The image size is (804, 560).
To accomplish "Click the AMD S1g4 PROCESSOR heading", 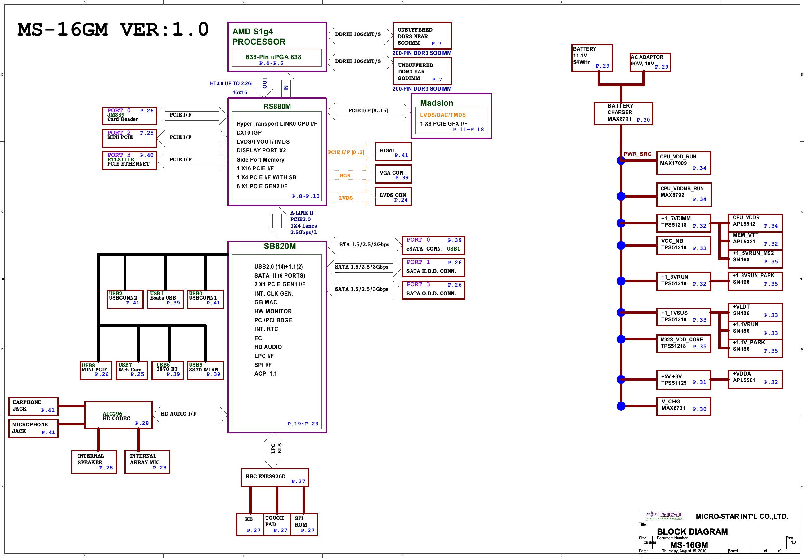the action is click(x=259, y=36).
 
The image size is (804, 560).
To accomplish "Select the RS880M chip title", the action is click(x=277, y=106).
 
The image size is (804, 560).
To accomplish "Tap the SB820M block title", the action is click(x=280, y=246).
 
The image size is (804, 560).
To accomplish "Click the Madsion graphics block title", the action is click(x=437, y=103).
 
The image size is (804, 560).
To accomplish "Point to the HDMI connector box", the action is click(x=393, y=152).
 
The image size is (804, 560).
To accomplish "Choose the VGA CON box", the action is click(x=393, y=174).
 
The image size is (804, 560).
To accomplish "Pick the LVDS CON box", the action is click(x=393, y=196).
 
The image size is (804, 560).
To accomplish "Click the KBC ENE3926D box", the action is click(x=275, y=478).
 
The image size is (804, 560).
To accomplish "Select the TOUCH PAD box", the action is click(x=277, y=524).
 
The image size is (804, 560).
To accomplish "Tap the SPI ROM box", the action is click(x=304, y=524).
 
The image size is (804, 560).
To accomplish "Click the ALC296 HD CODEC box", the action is click(x=118, y=415).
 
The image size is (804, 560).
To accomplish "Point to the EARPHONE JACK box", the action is click(x=33, y=406).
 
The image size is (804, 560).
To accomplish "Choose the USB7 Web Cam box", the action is click(x=132, y=370).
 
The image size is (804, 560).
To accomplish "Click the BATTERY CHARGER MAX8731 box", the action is click(x=623, y=113).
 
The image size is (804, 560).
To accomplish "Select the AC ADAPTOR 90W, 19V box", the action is click(x=650, y=62).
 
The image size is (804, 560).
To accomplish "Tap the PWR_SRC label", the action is click(x=637, y=154).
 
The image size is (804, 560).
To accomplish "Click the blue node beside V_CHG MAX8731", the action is click(x=621, y=406).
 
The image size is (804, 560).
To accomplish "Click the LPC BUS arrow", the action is click(x=272, y=451).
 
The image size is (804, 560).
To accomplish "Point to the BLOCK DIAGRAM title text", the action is click(x=692, y=532).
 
